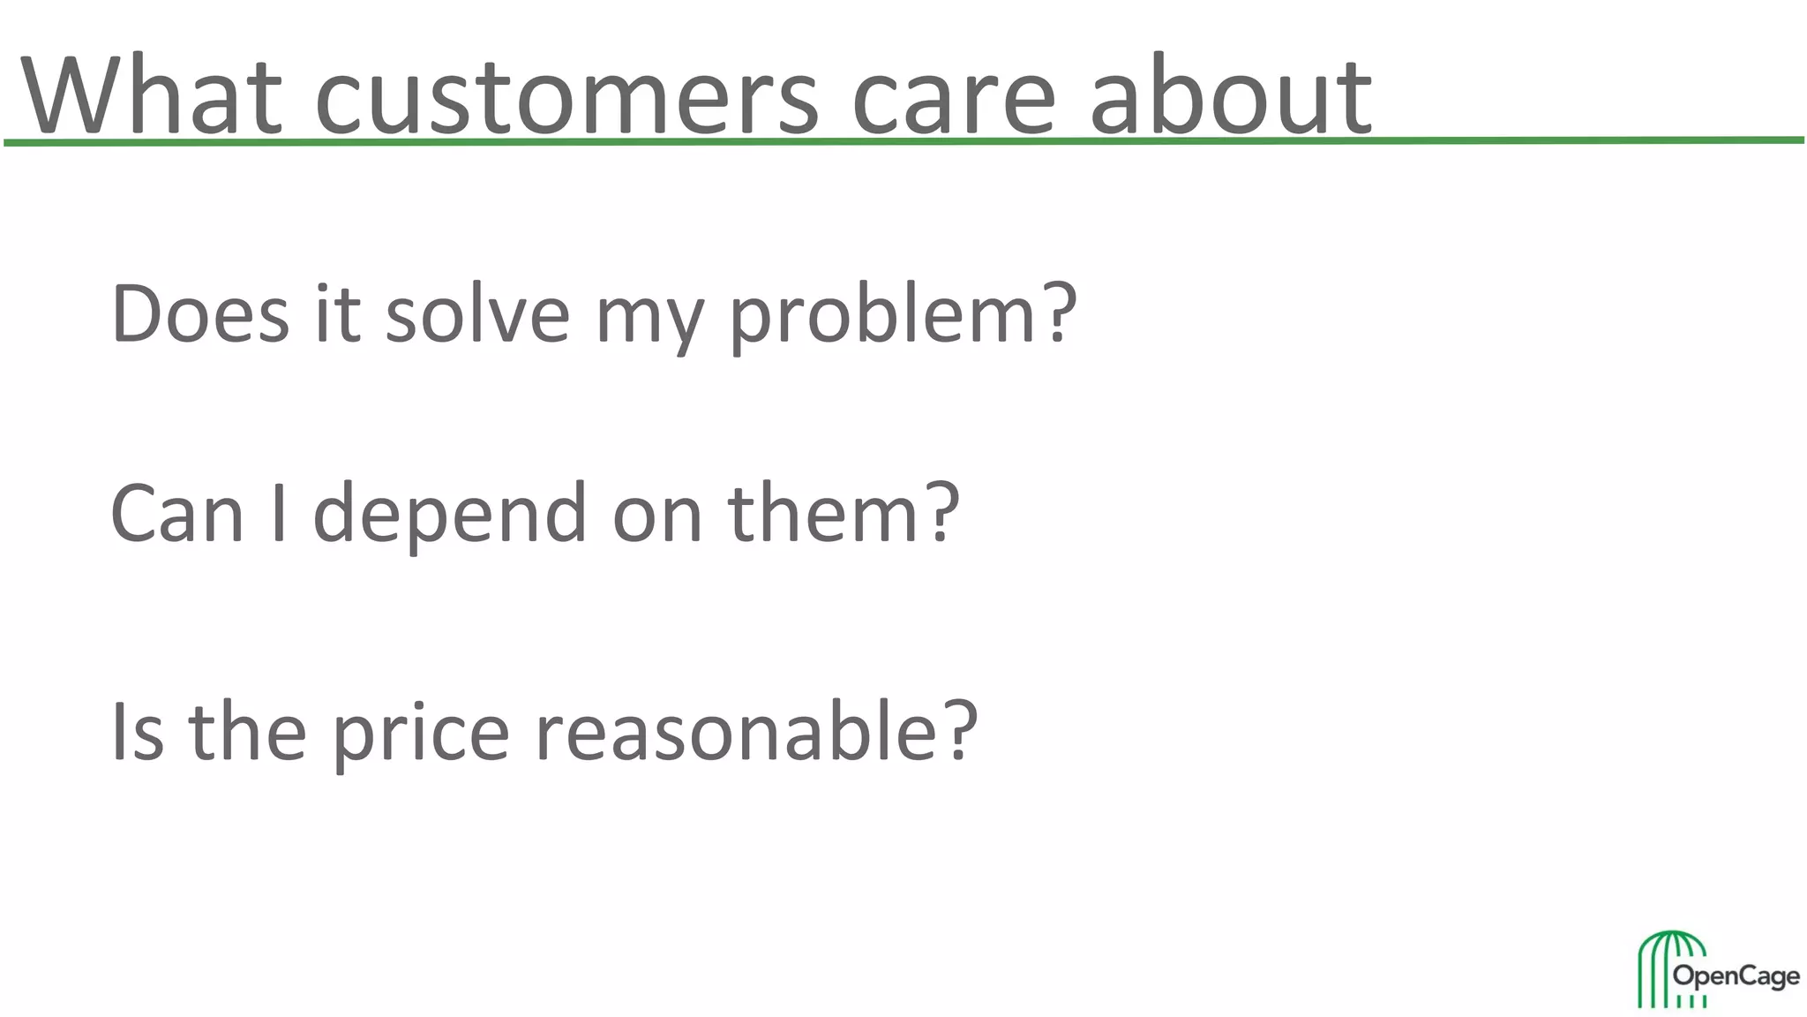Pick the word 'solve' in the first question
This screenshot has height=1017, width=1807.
tap(477, 313)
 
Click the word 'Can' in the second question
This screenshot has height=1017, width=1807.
tap(176, 514)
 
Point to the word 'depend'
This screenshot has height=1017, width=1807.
tap(449, 516)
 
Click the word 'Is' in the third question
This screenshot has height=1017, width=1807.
tap(138, 732)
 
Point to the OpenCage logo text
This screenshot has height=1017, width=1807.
tap(1736, 977)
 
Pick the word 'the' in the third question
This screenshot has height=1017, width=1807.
tap(247, 732)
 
